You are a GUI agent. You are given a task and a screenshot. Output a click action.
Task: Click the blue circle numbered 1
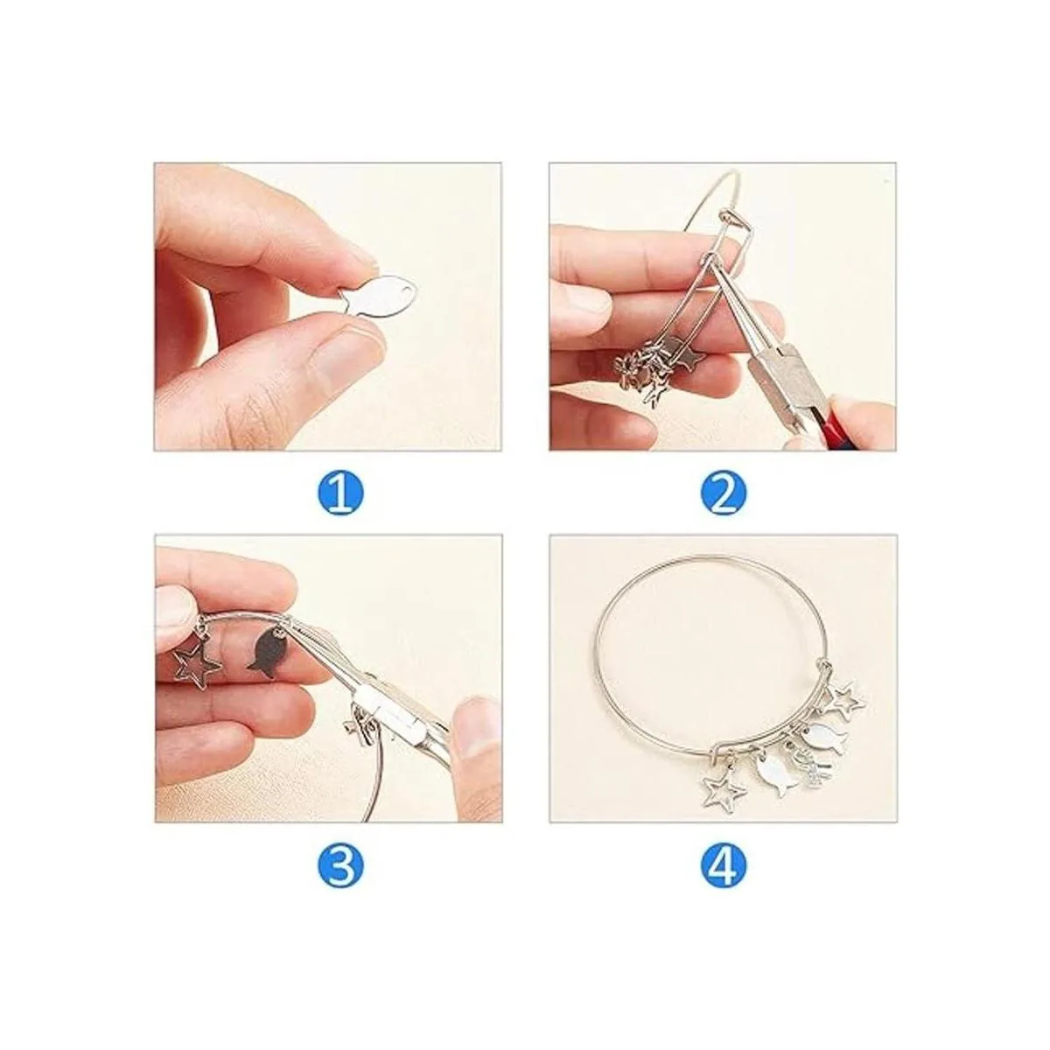[x=340, y=494]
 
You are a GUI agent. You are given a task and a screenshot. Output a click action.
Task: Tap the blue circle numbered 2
[x=724, y=494]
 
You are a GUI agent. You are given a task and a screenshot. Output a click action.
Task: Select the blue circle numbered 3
[x=340, y=865]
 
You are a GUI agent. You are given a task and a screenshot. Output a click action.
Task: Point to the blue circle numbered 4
[x=724, y=865]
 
